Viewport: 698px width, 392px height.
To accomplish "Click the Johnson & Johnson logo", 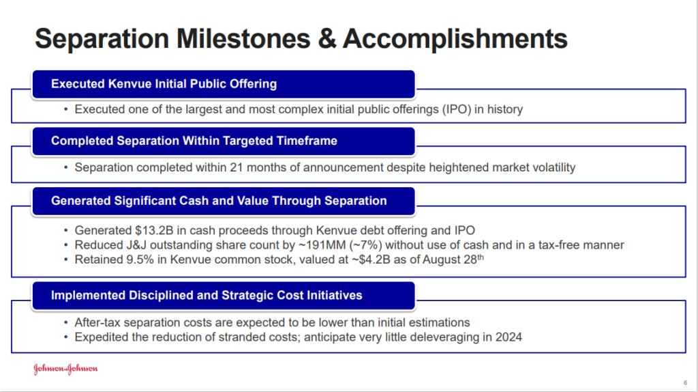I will tap(66, 369).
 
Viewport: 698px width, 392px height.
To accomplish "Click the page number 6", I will tap(685, 382).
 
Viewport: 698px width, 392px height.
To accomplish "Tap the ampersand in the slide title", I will tap(324, 39).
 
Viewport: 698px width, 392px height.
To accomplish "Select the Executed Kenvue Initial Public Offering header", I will tap(164, 84).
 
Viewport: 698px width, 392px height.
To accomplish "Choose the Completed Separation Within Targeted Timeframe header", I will tap(194, 141).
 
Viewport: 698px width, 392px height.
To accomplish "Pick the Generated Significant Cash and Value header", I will tap(219, 201).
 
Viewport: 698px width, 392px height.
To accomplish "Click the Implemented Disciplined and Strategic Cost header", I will tap(207, 296).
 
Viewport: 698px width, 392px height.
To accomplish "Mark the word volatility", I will tap(550, 167).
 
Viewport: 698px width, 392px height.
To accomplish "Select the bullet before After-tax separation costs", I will tap(65, 322).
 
